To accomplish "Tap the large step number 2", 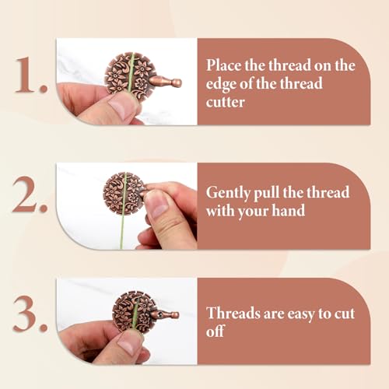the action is [x=30, y=194].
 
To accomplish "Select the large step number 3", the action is [x=30, y=314].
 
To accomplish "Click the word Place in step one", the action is [x=224, y=65].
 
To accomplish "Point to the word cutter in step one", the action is [x=226, y=102].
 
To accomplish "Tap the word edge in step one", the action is [x=221, y=85].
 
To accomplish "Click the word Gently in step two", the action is [x=228, y=193].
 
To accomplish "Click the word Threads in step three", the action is [x=233, y=313].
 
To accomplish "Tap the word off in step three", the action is [x=215, y=331].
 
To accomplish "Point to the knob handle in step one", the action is [x=166, y=82].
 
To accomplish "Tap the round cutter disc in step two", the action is [x=124, y=193].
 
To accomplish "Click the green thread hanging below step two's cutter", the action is [x=122, y=230].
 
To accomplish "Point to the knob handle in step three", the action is [x=165, y=315].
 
